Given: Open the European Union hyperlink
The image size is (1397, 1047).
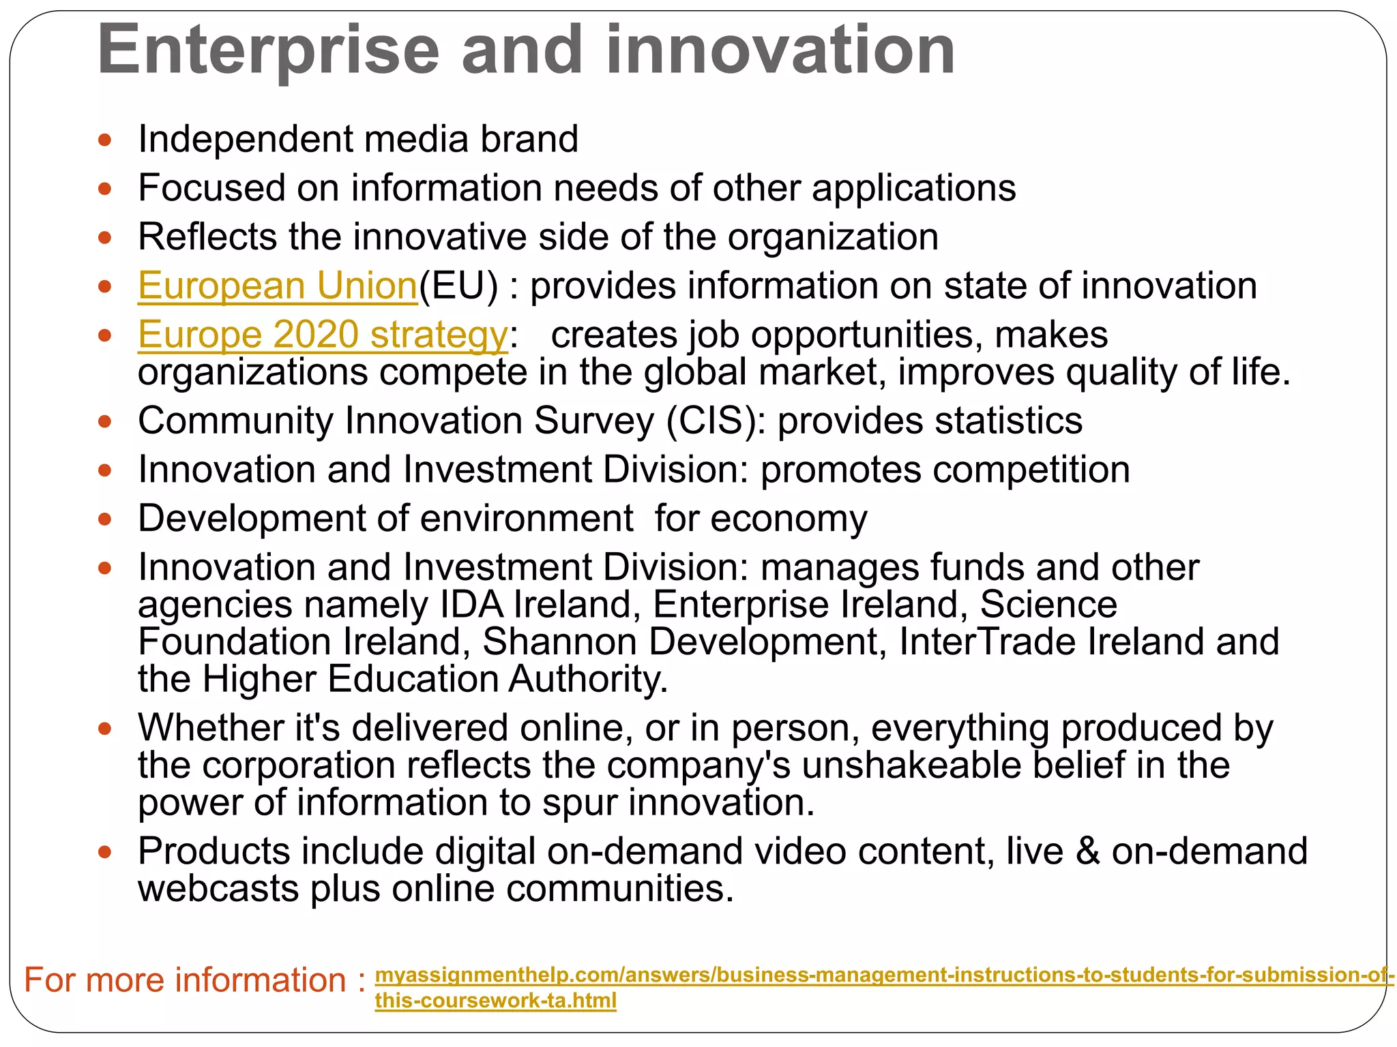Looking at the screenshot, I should tap(277, 286).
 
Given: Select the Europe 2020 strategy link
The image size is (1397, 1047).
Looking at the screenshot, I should tap(323, 335).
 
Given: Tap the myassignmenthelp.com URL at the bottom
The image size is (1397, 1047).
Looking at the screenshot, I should tap(880, 975).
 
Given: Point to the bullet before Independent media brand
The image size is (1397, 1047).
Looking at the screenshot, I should tap(104, 140).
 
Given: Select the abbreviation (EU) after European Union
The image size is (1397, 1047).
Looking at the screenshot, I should tap(458, 286).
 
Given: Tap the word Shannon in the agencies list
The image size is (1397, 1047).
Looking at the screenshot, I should tap(559, 642).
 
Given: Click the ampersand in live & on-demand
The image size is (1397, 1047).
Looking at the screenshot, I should tap(1087, 852).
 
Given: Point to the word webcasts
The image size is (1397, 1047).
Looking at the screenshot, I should tap(218, 889).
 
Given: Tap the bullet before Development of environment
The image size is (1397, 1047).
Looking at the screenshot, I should tap(104, 520).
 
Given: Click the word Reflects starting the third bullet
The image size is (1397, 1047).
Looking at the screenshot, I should tap(207, 237).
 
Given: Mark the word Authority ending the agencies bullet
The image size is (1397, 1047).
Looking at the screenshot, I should tap(587, 680).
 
